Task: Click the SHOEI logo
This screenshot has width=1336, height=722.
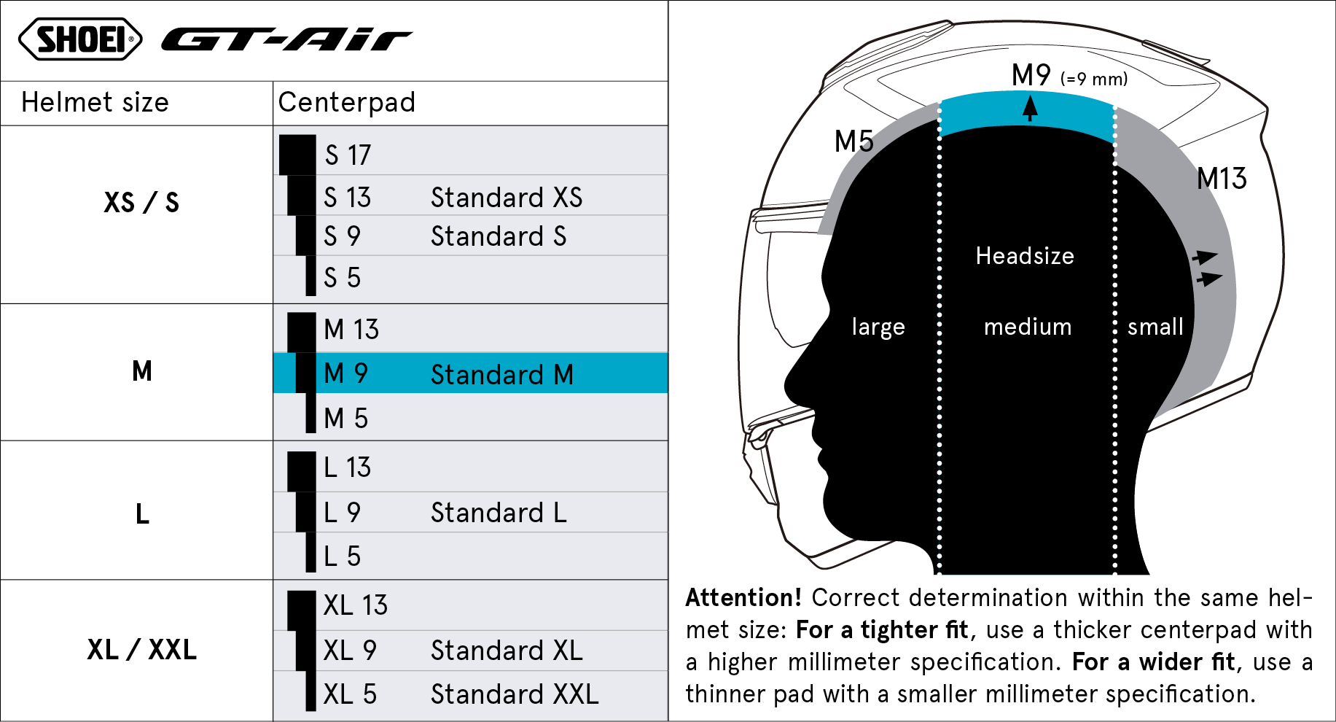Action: pyautogui.click(x=80, y=39)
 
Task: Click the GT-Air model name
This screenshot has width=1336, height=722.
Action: pyautogui.click(x=286, y=40)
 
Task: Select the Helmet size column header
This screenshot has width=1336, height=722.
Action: pyautogui.click(x=95, y=103)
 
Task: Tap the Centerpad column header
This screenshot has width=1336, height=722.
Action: pyautogui.click(x=346, y=103)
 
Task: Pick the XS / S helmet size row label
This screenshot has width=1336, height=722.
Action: pyautogui.click(x=141, y=203)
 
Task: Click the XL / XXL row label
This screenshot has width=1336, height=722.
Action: pyautogui.click(x=141, y=650)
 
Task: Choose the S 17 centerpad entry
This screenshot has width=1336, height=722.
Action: pyautogui.click(x=348, y=155)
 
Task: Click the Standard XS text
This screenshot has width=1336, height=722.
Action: pyautogui.click(x=507, y=198)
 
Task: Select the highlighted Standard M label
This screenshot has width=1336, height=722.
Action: pyautogui.click(x=502, y=375)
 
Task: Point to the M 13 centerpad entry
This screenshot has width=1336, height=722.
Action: pyautogui.click(x=351, y=330)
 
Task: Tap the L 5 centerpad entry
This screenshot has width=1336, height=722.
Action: pyautogui.click(x=342, y=556)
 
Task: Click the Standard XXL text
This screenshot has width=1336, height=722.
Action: pyautogui.click(x=515, y=694)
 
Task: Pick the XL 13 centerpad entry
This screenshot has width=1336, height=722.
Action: pyautogui.click(x=356, y=605)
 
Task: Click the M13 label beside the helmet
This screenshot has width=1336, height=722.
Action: pyautogui.click(x=1222, y=179)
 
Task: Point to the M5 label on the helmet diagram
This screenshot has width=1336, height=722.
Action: pyautogui.click(x=853, y=141)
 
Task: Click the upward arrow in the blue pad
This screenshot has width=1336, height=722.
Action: pyautogui.click(x=1030, y=109)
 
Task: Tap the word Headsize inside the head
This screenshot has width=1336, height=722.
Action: pyautogui.click(x=1025, y=256)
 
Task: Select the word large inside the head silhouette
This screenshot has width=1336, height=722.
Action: pyautogui.click(x=878, y=327)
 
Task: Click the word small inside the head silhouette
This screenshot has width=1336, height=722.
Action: pyautogui.click(x=1155, y=327)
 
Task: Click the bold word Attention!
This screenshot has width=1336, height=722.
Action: pyautogui.click(x=743, y=598)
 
